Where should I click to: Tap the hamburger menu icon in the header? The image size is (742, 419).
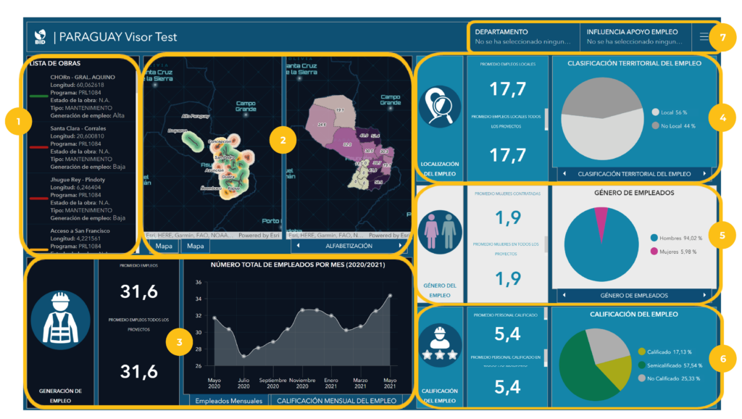click(x=704, y=36)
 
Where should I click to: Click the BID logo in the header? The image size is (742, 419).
click(x=41, y=36)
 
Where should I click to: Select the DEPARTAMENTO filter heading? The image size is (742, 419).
click(x=501, y=32)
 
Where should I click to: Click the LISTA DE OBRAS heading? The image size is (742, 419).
click(x=55, y=64)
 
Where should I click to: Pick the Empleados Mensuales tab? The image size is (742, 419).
click(x=223, y=399)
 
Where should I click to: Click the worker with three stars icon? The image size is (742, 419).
click(x=441, y=347)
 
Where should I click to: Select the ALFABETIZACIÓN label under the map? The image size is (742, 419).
click(x=343, y=246)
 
